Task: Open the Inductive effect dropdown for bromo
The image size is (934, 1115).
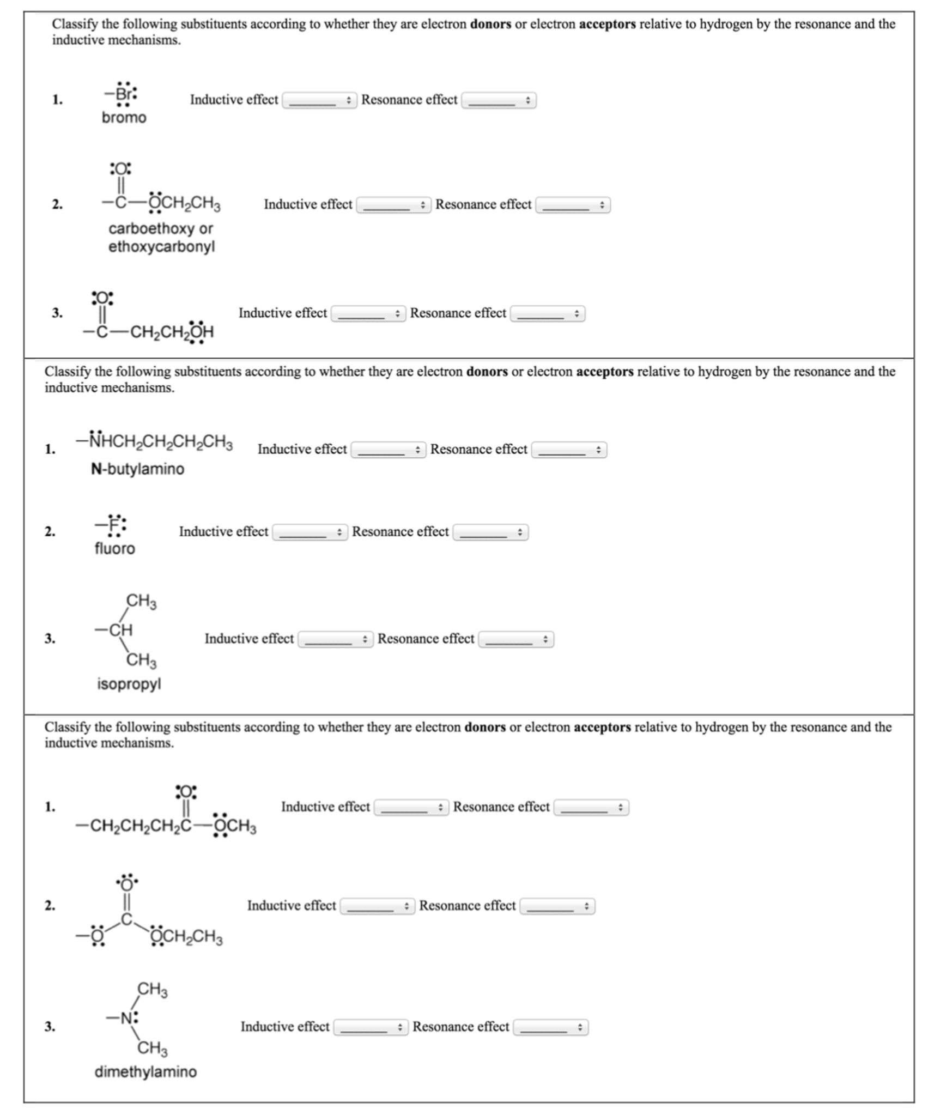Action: pos(319,101)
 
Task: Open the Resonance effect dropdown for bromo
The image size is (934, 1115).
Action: pos(499,101)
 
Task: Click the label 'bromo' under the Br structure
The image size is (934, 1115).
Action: pos(124,118)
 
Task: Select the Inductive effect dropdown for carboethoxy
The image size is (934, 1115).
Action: pos(393,205)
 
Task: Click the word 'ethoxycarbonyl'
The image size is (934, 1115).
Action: pos(161,247)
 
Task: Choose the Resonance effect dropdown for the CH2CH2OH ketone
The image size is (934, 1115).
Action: pos(547,314)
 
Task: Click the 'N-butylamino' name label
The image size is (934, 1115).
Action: pos(137,469)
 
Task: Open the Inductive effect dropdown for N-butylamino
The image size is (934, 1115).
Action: pos(387,450)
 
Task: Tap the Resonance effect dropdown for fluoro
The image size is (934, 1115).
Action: pos(490,532)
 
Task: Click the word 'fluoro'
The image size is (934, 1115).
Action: pos(114,549)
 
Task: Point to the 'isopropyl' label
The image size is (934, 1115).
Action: pos(129,684)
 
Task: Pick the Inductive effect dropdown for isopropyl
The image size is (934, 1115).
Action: pos(335,639)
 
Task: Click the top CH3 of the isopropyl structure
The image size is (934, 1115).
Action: pos(141,601)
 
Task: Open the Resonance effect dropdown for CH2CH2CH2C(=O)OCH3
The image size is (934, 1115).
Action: pos(591,808)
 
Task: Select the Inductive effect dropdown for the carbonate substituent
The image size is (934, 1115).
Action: pos(377,906)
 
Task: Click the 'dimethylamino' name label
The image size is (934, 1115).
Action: pos(145,1072)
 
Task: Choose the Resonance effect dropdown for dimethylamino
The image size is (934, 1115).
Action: pos(550,1028)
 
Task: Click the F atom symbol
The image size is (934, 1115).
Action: pos(114,525)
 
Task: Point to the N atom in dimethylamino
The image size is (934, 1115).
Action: pos(126,1018)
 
